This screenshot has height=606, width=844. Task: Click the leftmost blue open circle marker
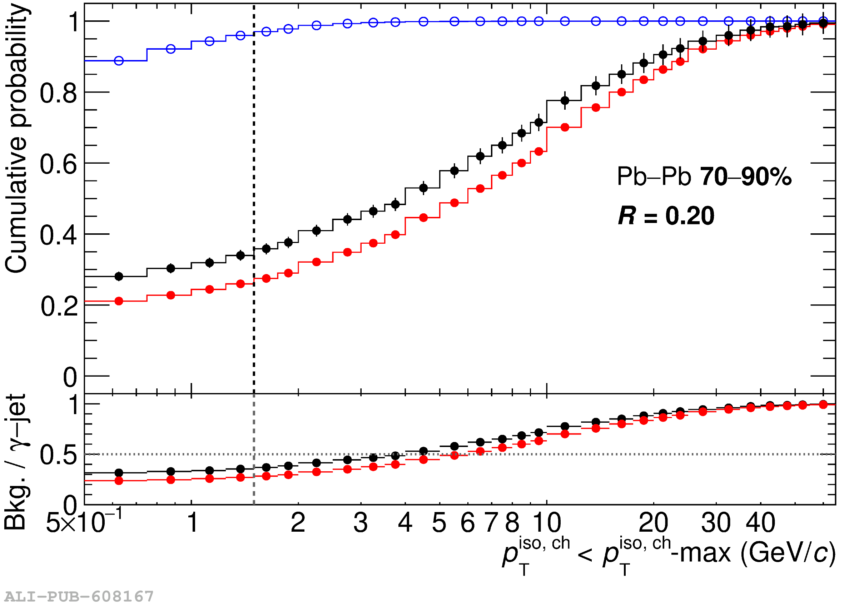[x=119, y=61]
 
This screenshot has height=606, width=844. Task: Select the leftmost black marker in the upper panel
[x=119, y=277]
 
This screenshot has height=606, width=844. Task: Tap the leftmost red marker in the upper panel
[x=119, y=301]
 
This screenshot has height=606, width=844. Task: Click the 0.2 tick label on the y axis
[x=59, y=307]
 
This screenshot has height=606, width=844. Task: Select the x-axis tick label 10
[x=547, y=523]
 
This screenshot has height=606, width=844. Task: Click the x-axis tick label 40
[x=760, y=523]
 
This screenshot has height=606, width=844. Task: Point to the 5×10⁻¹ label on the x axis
[x=84, y=522]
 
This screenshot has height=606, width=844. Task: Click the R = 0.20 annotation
[x=666, y=216]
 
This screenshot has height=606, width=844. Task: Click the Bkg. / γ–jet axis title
[x=16, y=462]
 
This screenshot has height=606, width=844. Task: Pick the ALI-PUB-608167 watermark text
[x=79, y=596]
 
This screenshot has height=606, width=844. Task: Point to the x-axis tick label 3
[x=360, y=523]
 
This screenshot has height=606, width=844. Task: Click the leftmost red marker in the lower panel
[x=119, y=481]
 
